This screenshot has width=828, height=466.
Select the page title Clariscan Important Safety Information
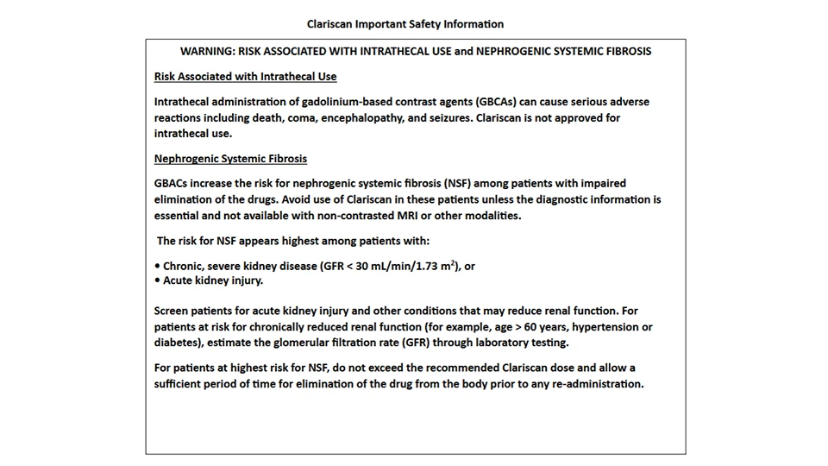405,24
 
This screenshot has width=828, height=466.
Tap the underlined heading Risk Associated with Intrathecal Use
245,77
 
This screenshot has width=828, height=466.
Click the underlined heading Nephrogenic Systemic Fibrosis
230,159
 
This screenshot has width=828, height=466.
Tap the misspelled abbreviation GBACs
171,184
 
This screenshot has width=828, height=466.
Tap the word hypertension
608,327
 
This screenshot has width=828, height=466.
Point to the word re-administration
594,384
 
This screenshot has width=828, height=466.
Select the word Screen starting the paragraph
172,311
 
